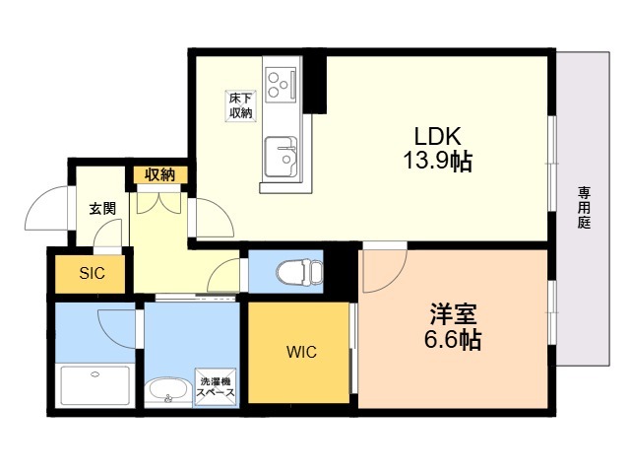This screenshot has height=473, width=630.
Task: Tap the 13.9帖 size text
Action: [x=436, y=162]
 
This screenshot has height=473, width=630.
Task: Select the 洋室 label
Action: [x=454, y=316]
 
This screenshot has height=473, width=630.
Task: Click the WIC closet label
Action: [x=301, y=352]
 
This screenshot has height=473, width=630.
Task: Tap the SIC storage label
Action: [x=93, y=273]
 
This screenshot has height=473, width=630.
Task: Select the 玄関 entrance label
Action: [x=101, y=208]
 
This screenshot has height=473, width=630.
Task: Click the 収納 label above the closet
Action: [x=160, y=175]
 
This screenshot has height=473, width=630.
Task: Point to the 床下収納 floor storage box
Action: [x=241, y=105]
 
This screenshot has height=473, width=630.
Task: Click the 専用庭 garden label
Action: [x=584, y=208]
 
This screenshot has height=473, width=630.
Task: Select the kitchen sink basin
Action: [x=283, y=155]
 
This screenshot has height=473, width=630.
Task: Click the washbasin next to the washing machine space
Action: [x=168, y=391]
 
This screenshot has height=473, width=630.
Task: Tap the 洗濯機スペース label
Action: [x=216, y=386]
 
